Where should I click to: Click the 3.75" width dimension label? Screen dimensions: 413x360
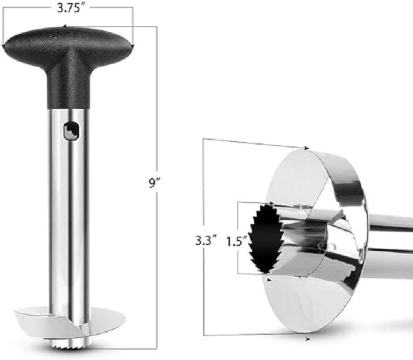(x=68, y=8)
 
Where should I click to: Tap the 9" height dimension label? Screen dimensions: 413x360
(x=155, y=182)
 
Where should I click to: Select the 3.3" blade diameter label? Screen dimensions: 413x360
(x=206, y=241)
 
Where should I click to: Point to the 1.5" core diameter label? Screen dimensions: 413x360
(x=237, y=241)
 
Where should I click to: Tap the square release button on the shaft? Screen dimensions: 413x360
(x=71, y=131)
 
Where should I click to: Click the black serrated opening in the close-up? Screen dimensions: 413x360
(x=266, y=239)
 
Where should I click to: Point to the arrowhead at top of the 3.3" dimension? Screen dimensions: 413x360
(x=306, y=148)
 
